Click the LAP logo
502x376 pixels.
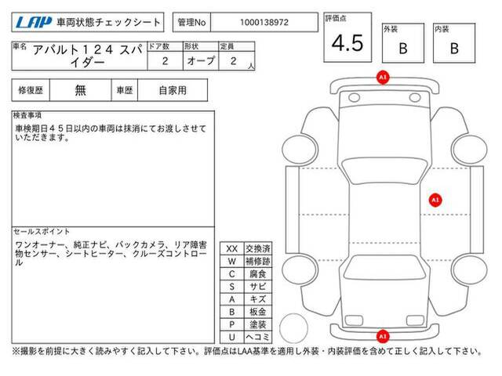point(34,23)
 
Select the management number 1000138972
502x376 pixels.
point(264,23)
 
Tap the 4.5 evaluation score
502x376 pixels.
point(347,43)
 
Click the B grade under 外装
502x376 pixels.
point(403,49)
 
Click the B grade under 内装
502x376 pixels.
point(454,49)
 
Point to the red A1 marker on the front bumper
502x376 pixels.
point(383,78)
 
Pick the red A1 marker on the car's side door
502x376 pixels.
point(435,201)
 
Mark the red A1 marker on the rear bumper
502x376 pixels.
point(383,336)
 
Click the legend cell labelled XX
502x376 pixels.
point(232,249)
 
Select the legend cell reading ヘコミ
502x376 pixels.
point(258,337)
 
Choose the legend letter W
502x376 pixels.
point(232,261)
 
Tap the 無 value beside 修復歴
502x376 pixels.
point(80,90)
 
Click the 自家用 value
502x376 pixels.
point(173,90)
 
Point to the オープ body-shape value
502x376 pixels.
point(201,60)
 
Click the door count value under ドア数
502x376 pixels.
point(165,61)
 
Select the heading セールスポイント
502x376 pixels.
point(42,232)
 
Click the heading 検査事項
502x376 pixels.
point(27,115)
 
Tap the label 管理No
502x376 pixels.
point(191,23)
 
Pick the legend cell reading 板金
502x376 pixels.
point(258,312)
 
